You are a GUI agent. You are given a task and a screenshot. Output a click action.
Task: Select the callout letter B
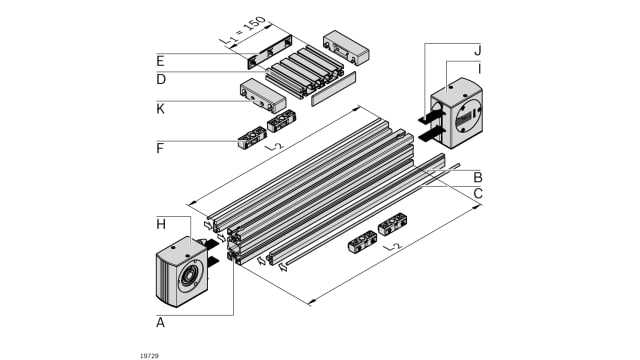coord(478,177)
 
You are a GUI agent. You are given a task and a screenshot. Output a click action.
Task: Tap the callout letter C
coord(478,192)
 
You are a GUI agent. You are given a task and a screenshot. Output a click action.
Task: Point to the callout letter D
coord(161,79)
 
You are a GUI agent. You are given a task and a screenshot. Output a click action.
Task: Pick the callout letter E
coord(161,58)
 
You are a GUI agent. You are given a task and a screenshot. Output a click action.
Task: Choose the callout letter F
coord(161,148)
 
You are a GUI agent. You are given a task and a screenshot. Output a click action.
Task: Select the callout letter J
coord(478,49)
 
